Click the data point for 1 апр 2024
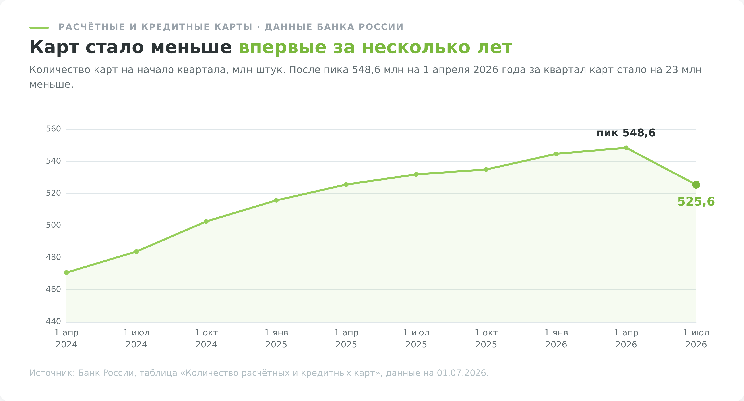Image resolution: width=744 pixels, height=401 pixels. [66, 272]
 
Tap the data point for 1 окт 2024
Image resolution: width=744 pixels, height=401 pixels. [206, 222]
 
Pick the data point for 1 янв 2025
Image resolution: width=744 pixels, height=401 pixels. [276, 200]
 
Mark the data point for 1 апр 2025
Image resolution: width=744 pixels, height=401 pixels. [346, 185]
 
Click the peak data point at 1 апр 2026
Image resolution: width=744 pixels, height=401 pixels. [626, 148]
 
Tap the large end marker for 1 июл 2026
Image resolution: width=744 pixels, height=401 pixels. [696, 185]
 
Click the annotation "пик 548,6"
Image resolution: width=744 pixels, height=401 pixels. [626, 133]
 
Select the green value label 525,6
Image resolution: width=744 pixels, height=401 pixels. [696, 202]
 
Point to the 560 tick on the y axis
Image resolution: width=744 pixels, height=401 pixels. [53, 129]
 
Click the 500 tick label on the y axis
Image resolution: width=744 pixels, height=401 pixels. [53, 225]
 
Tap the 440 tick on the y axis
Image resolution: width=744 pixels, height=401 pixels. [53, 321]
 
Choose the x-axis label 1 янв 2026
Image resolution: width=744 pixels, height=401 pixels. [556, 338]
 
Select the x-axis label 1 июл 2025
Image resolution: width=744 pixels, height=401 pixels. [416, 338]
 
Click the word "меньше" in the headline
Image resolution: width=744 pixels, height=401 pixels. [191, 47]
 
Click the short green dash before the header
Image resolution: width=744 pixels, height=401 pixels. [39, 27]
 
